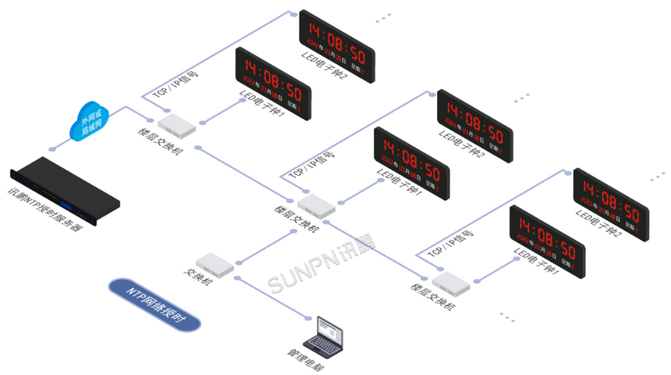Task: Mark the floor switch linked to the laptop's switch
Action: tap(315, 205)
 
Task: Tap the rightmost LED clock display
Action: tap(612, 205)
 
